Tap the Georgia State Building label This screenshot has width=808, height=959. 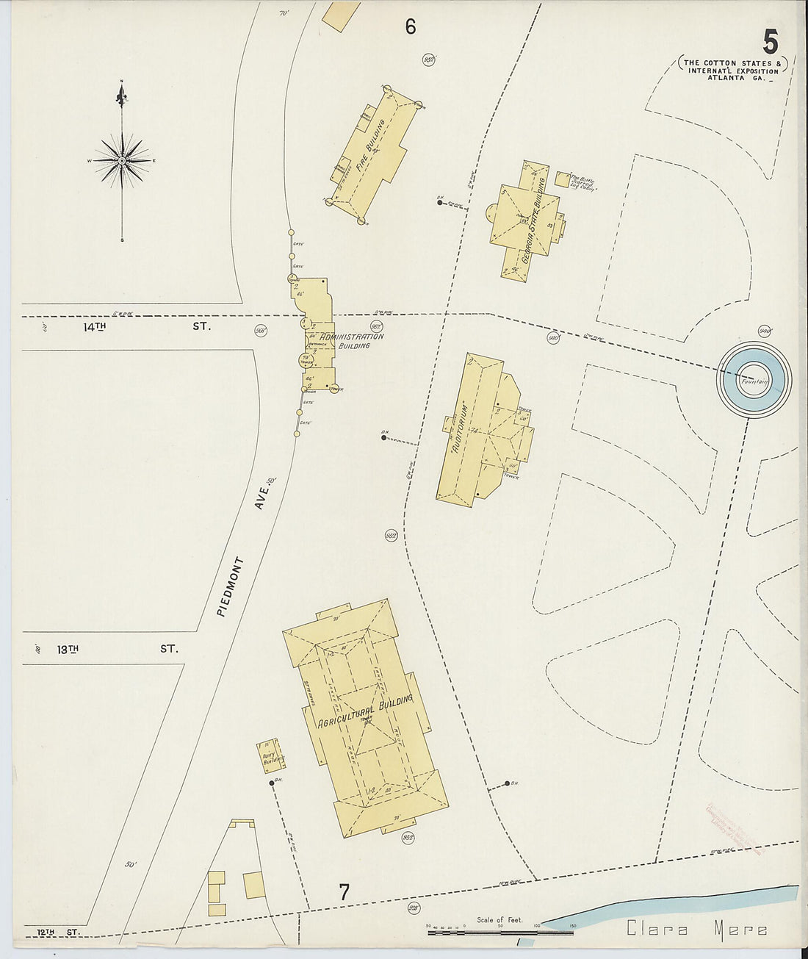point(533,220)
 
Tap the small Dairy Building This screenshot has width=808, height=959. point(269,757)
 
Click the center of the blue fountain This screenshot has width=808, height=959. point(754,379)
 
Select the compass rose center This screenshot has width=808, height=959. point(122,160)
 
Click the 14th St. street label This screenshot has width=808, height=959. point(146,327)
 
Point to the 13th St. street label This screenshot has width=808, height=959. point(118,649)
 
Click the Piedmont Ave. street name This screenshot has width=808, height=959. point(247,551)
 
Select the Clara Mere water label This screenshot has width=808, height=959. point(697,930)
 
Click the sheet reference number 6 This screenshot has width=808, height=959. point(410,27)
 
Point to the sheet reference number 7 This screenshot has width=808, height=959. point(344,892)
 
